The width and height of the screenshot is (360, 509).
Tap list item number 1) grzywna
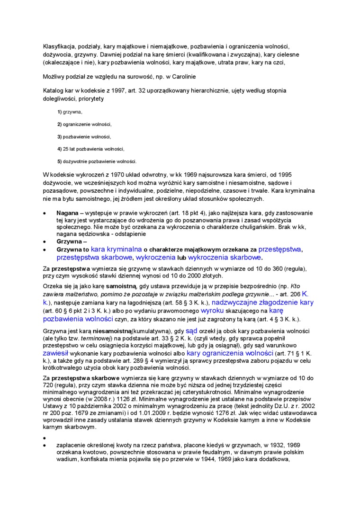(x=70, y=112)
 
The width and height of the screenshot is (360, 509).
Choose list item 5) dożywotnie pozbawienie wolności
(x=97, y=161)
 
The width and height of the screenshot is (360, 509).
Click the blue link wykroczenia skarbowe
(x=225, y=258)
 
